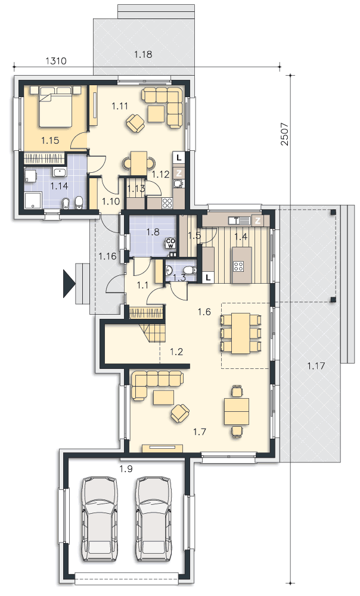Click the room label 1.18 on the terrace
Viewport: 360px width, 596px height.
143,54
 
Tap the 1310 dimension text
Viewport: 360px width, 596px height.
56,61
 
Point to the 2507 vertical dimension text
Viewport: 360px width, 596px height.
284,134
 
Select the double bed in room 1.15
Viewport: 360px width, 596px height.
56,107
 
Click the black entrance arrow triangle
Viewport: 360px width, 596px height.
69,283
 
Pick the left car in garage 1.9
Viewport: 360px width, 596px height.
100,519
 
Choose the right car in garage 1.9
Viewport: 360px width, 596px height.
154,519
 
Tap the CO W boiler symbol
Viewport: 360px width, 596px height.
170,243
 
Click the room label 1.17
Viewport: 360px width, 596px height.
316,366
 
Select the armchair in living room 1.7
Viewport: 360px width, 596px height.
180,413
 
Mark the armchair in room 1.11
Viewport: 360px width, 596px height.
135,123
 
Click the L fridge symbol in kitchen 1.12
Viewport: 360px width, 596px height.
179,157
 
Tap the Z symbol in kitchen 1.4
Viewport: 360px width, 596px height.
257,221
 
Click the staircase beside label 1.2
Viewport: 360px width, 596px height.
153,332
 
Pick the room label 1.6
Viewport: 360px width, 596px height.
204,312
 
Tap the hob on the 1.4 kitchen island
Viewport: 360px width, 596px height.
239,266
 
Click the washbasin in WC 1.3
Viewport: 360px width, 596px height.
169,270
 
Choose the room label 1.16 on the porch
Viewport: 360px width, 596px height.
107,256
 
